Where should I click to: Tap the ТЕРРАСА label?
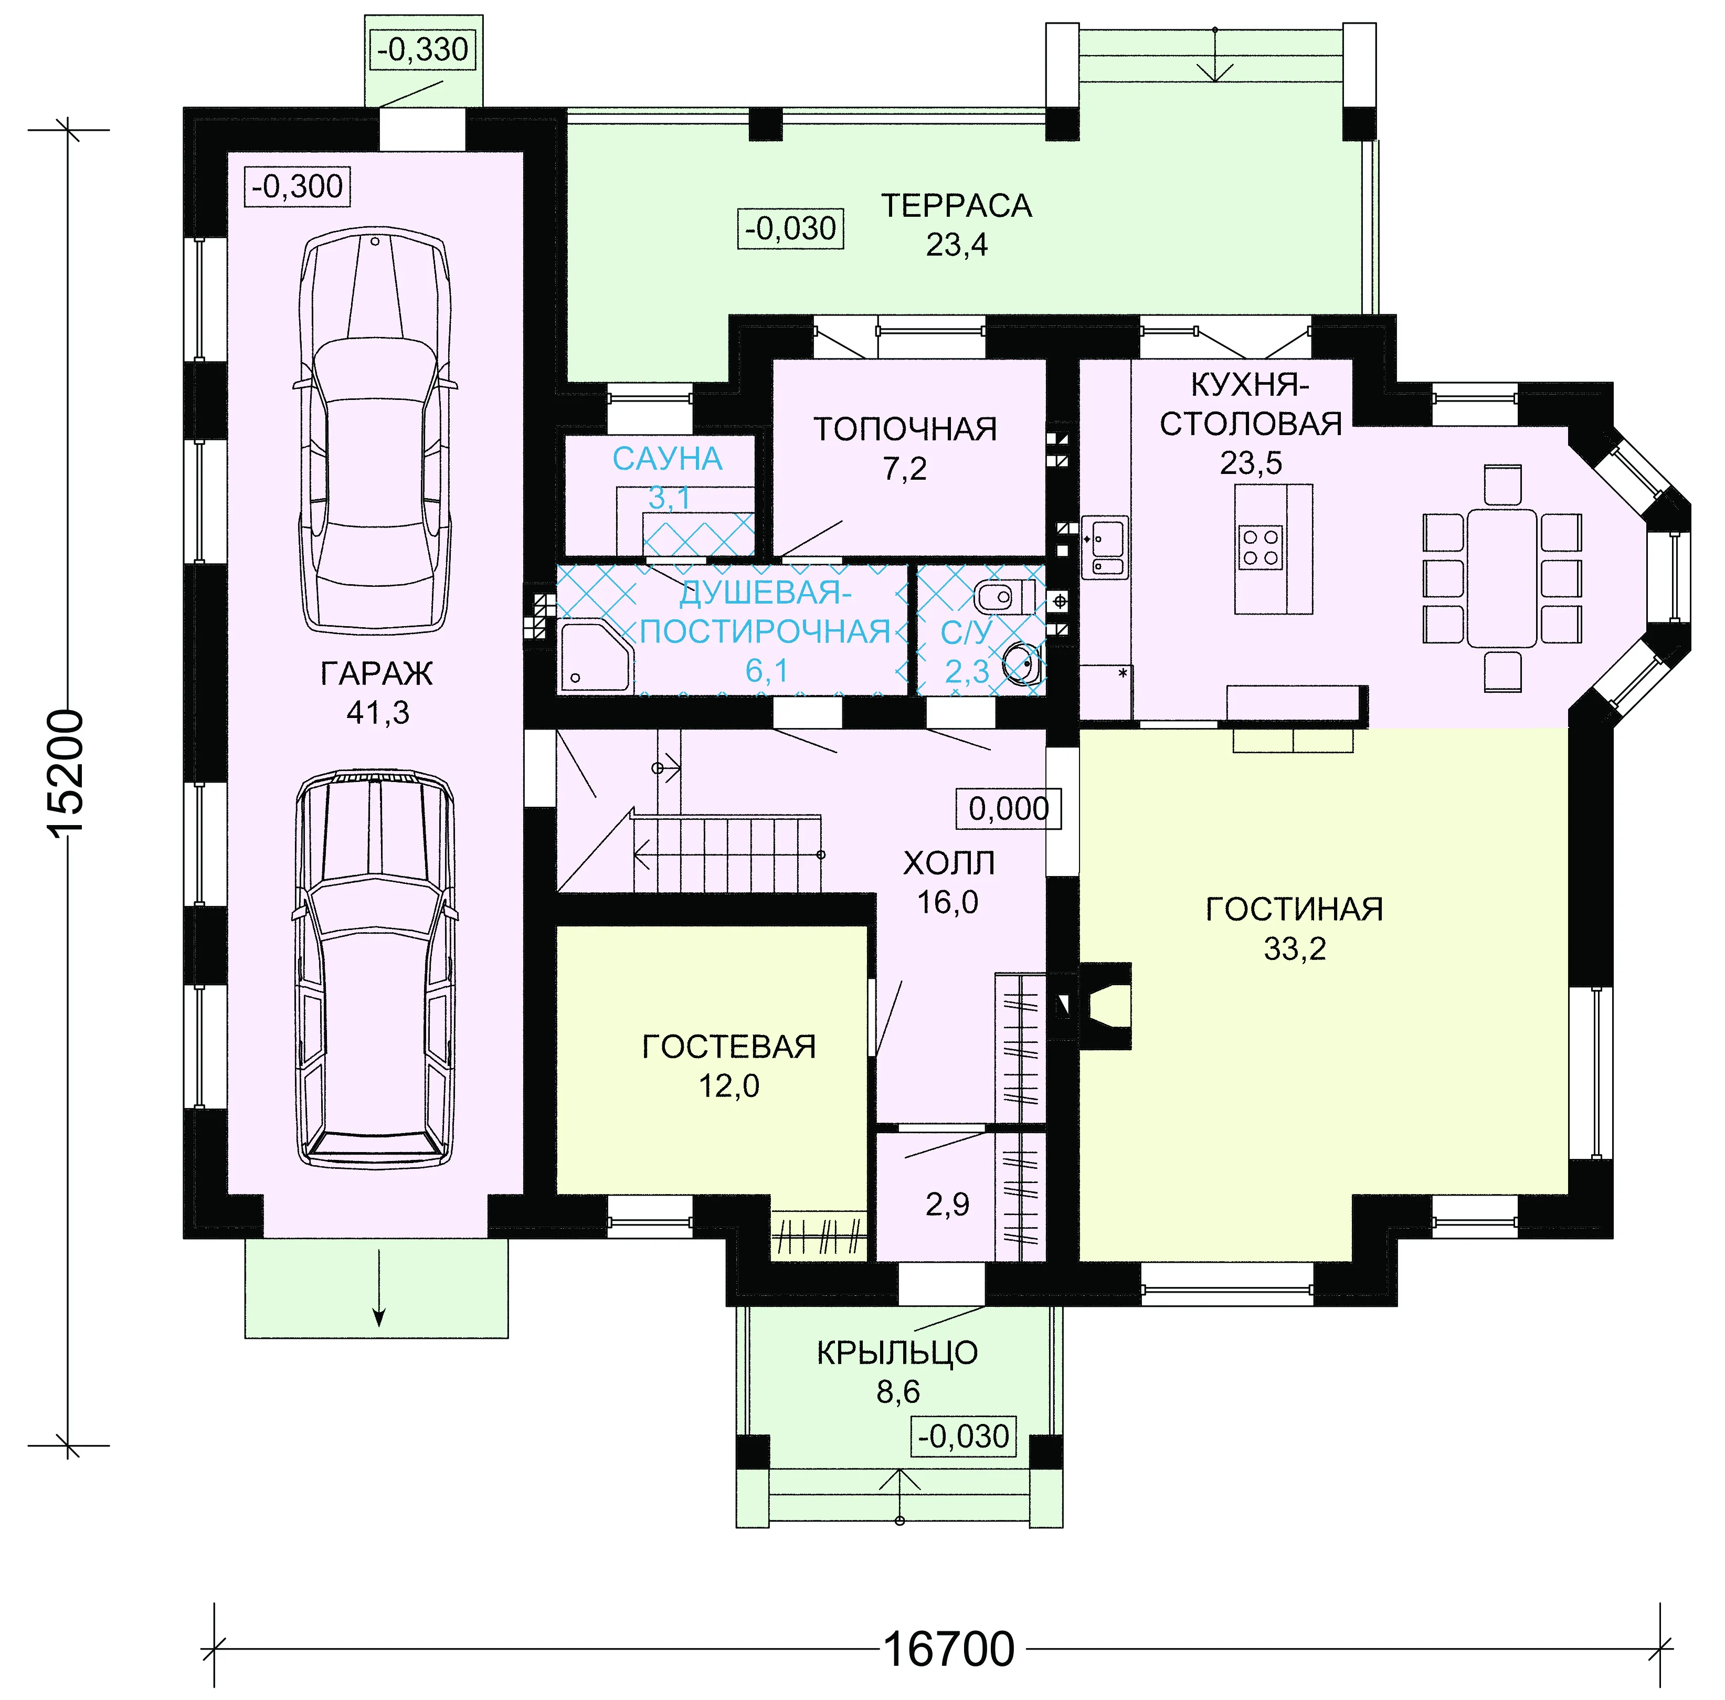956,206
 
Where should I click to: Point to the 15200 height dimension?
67,773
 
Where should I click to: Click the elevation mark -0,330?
422,49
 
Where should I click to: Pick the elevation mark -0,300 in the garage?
298,187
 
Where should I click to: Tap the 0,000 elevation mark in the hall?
1009,809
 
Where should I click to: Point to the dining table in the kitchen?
1502,578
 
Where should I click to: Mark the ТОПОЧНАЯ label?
904,429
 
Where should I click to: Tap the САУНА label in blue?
667,459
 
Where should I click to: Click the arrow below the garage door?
378,1289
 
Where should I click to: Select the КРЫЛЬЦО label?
897,1354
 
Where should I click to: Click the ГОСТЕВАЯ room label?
728,1047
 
